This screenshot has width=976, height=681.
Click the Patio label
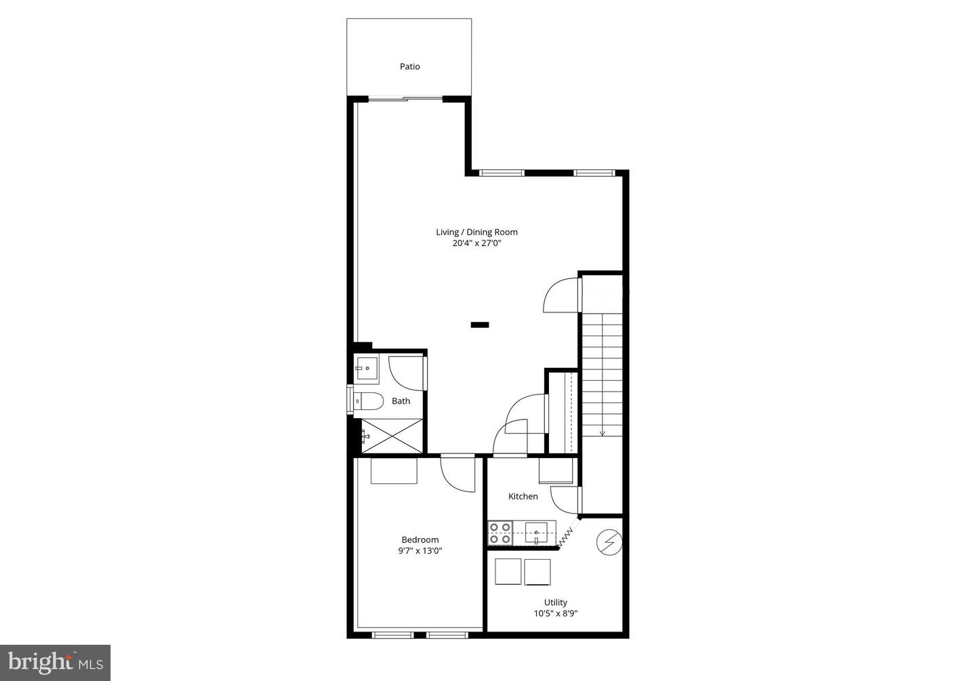[409, 66]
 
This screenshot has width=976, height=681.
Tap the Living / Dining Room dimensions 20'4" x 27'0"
[476, 243]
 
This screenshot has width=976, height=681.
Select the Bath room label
[401, 401]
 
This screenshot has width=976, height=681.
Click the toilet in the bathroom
[368, 401]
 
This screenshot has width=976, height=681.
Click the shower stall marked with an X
[392, 436]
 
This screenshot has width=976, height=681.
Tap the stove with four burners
[500, 533]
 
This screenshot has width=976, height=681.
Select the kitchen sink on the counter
[536, 533]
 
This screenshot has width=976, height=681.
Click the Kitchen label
[523, 496]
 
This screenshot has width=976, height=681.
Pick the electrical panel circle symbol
[609, 543]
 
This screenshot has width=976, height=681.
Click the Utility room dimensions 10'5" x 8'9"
[556, 614]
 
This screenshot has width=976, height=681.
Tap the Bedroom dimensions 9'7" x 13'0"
[420, 551]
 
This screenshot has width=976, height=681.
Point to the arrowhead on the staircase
[602, 433]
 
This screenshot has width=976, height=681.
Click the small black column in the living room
[480, 325]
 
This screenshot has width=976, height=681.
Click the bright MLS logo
[56, 663]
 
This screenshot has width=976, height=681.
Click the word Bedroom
[420, 540]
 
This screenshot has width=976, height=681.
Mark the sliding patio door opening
[405, 99]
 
